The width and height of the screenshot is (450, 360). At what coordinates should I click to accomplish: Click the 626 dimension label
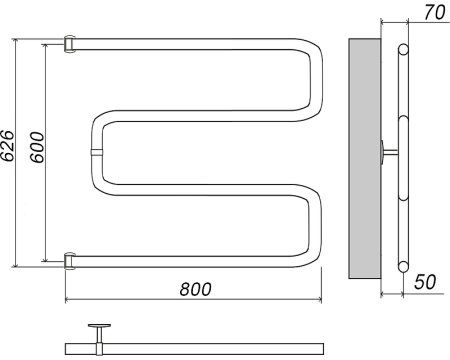point(8,145)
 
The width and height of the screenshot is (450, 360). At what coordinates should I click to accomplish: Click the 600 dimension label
point(37,147)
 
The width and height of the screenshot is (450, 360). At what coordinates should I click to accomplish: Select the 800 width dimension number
point(196,289)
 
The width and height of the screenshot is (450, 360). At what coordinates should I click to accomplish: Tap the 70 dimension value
point(434,13)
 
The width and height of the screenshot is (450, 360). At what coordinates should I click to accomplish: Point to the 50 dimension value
point(425,282)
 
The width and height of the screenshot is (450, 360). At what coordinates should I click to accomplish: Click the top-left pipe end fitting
point(70,44)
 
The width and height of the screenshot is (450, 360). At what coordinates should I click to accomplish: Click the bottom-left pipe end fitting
point(70,261)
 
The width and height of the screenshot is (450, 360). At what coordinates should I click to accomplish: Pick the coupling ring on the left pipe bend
point(96,153)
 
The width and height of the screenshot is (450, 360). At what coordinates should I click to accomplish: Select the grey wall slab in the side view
point(365,158)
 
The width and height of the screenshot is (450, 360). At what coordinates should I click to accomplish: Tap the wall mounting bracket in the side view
point(388,152)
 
